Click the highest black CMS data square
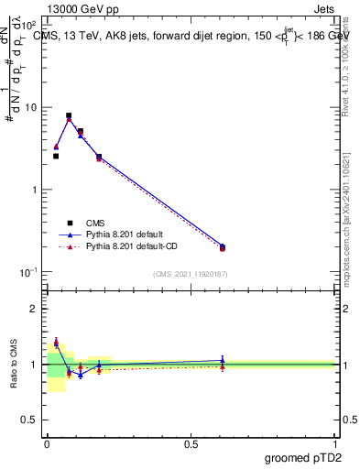pyautogui.click(x=69, y=116)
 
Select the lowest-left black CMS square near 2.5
pyautogui.click(x=56, y=157)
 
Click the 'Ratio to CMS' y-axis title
pyautogui.click(x=13, y=365)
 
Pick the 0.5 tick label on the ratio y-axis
pyautogui.click(x=30, y=421)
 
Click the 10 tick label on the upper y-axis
pyautogui.click(x=30, y=108)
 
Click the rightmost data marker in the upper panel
pyautogui.click(x=222, y=246)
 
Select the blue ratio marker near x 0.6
pyautogui.click(x=222, y=360)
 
